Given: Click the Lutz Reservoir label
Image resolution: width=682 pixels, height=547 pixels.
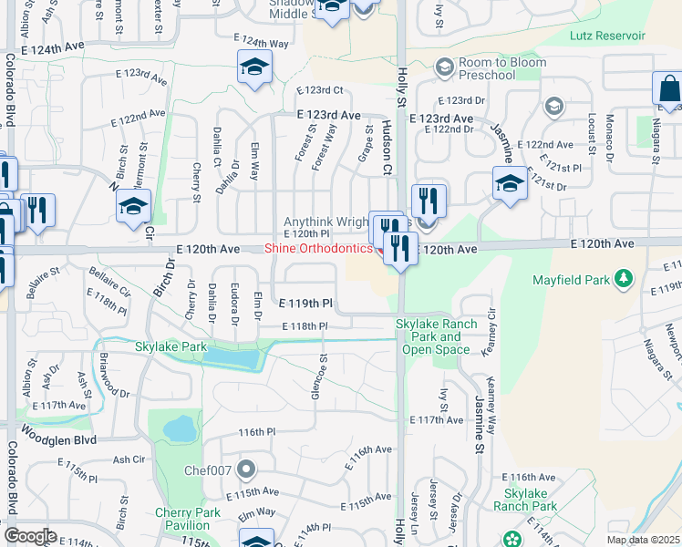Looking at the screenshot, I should pyautogui.click(x=606, y=36).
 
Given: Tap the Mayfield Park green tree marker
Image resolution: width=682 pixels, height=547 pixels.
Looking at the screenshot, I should pyautogui.click(x=624, y=276).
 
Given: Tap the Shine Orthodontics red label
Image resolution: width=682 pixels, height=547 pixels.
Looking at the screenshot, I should pyautogui.click(x=318, y=249).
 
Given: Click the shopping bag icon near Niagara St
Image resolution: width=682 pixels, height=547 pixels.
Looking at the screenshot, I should pyautogui.click(x=669, y=90).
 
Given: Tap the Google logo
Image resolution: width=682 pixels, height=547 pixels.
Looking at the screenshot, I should pyautogui.click(x=29, y=536).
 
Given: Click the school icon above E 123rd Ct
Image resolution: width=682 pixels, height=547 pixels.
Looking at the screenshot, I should pyautogui.click(x=255, y=67).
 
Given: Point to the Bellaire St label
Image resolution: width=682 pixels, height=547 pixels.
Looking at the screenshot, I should pyautogui.click(x=42, y=271).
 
